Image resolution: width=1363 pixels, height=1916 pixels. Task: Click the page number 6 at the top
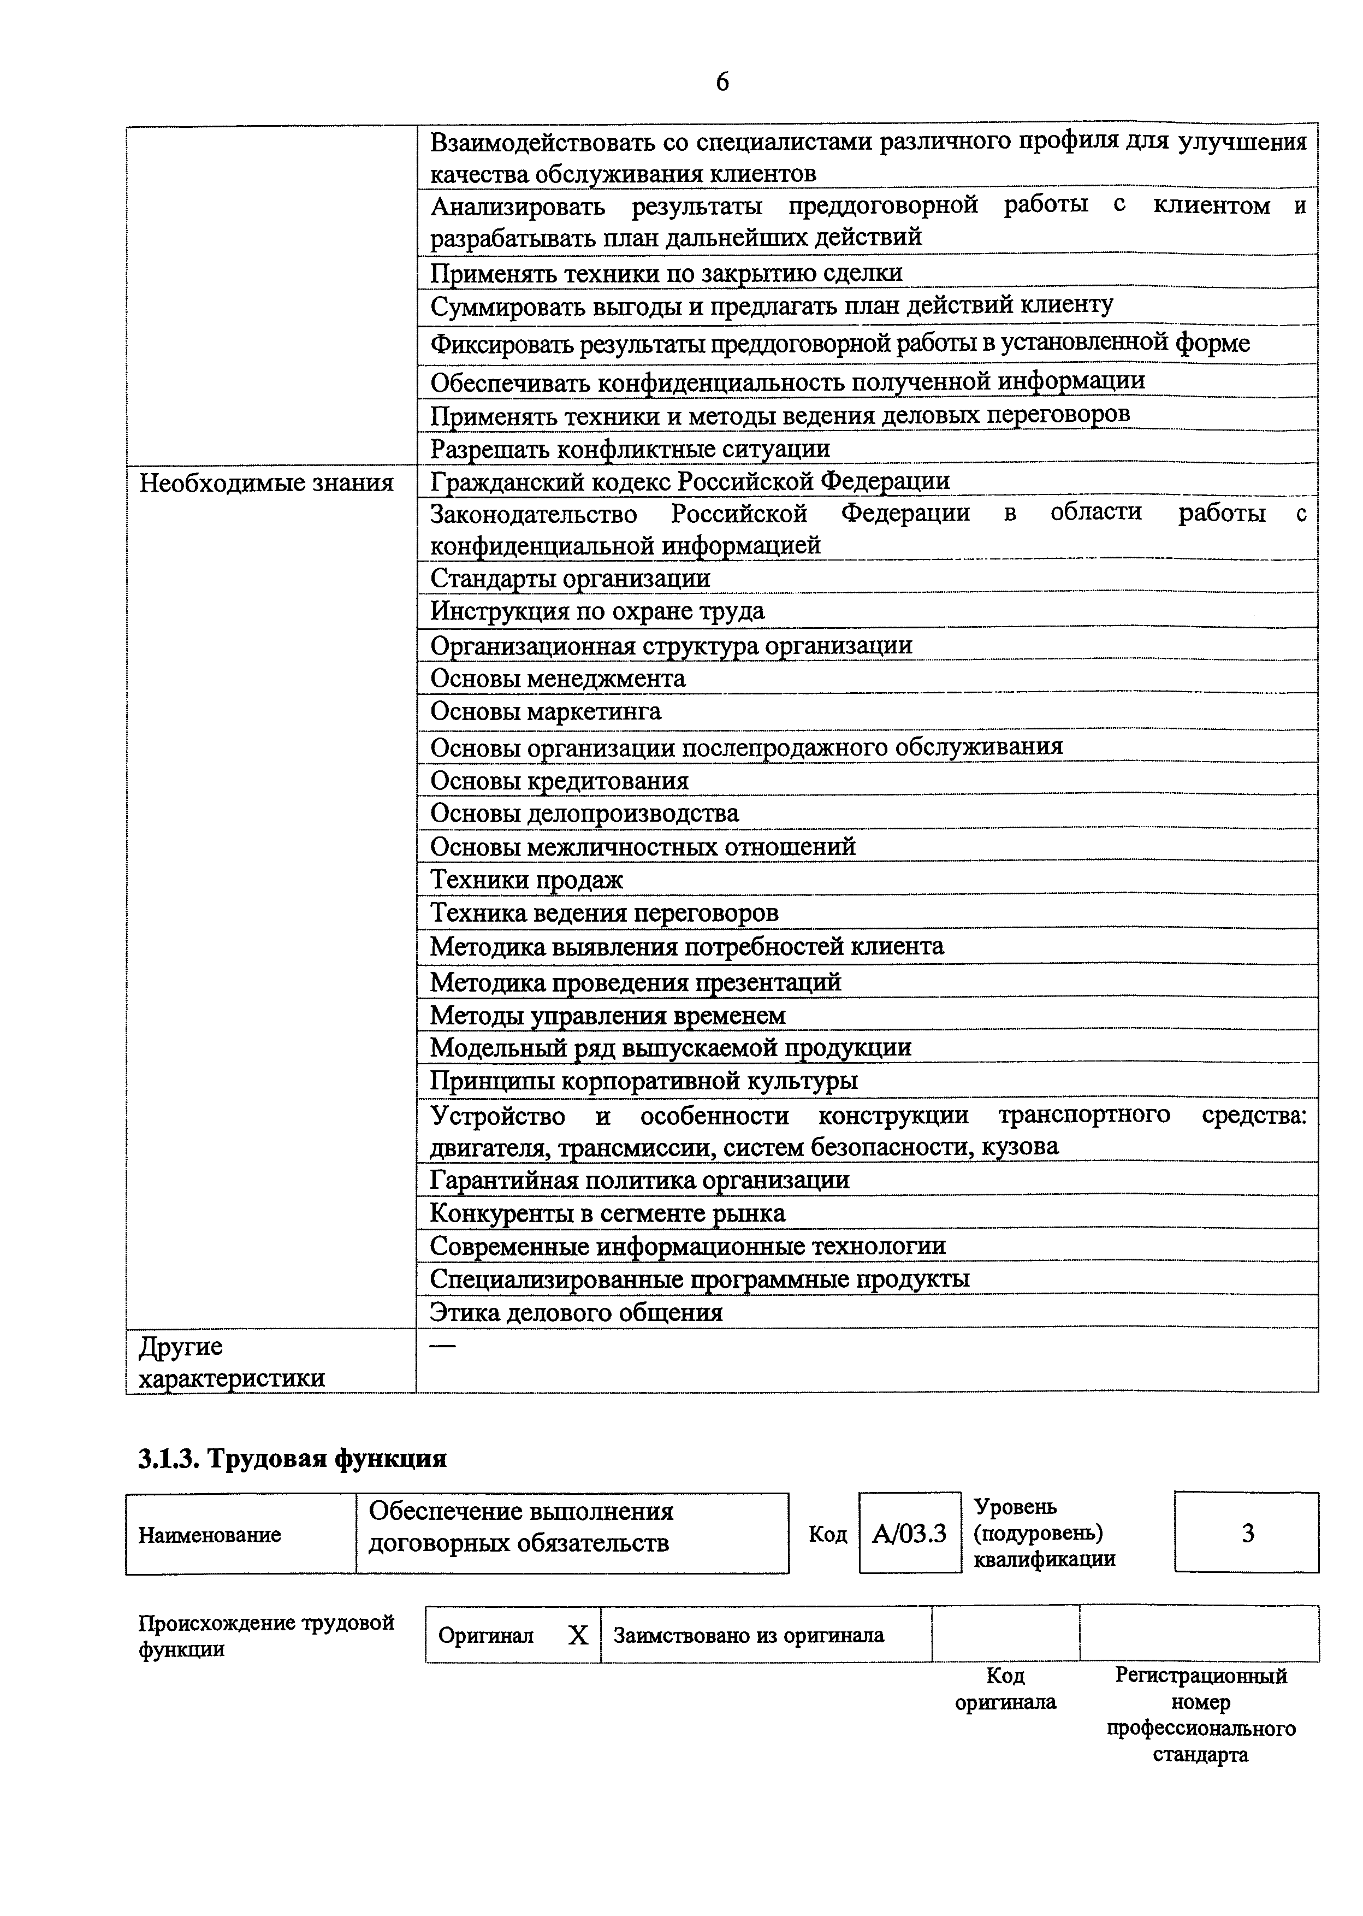[x=722, y=82]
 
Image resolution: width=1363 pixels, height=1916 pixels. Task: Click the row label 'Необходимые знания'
[x=266, y=483]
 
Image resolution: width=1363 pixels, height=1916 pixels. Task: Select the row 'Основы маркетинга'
[x=546, y=711]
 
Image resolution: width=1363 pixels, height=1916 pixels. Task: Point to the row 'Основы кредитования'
[x=559, y=780]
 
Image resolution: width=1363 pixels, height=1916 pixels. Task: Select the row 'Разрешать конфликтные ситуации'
[x=630, y=449]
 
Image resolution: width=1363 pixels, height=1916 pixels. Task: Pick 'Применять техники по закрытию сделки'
[x=666, y=273]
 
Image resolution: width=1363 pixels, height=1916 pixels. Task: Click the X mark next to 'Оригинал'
[x=578, y=1635]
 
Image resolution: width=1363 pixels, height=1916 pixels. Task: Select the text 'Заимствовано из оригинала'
[x=749, y=1635]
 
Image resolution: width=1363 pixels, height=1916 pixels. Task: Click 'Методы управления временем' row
[x=608, y=1015]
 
